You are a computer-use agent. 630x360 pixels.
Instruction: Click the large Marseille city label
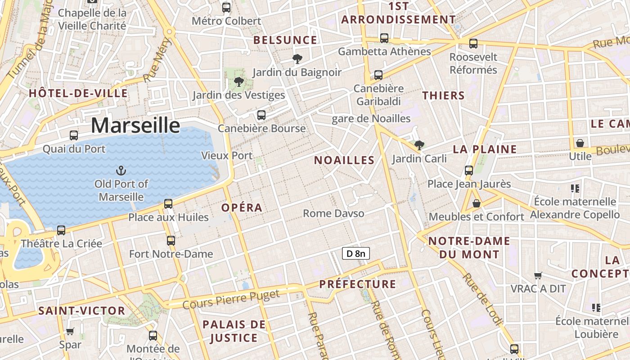135,125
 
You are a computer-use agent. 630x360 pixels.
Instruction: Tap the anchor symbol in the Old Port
121,171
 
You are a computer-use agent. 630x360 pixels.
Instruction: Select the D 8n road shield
355,253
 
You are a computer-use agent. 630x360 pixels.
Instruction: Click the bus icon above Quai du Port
74,135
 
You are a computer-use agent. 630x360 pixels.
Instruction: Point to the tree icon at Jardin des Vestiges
238,82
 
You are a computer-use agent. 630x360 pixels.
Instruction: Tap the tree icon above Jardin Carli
419,145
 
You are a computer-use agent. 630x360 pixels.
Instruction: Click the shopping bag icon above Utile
580,143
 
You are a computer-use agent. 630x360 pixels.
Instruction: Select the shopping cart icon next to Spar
70,332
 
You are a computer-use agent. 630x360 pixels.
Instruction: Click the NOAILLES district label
344,160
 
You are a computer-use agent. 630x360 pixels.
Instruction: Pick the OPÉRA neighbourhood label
242,207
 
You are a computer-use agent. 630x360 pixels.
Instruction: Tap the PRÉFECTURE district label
358,284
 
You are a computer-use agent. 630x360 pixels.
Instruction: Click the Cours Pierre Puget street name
231,299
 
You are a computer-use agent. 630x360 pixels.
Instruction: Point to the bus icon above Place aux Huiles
168,204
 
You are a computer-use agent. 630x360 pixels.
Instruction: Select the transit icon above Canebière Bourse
261,115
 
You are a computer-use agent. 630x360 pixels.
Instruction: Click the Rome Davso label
333,213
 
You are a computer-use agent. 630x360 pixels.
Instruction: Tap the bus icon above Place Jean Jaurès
469,171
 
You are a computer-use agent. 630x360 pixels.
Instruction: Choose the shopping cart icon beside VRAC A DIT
538,275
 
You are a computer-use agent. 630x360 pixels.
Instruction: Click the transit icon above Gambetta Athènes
384,38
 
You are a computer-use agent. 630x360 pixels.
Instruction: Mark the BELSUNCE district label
285,40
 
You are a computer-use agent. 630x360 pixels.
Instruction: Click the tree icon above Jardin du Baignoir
297,58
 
